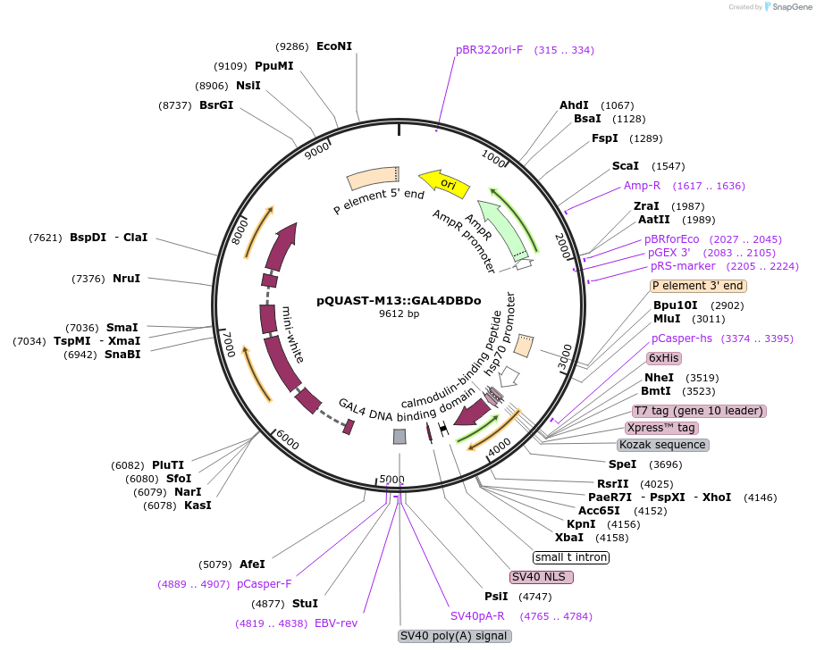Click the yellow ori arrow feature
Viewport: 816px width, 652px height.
444,182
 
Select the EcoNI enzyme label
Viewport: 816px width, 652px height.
334,46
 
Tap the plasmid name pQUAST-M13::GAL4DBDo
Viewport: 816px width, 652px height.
399,300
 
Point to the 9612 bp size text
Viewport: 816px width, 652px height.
399,313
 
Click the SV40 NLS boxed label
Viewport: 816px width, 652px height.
542,577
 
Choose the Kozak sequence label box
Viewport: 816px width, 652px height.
663,445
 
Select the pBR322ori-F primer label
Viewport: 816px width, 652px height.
489,50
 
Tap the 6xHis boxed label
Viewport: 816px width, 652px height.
664,358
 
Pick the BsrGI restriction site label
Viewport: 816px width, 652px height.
215,104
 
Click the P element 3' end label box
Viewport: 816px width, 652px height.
698,287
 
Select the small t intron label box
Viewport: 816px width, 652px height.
571,557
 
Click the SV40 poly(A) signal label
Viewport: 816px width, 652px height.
455,636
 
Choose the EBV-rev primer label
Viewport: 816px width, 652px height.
335,623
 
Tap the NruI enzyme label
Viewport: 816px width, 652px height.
126,279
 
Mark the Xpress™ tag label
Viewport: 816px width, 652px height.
661,428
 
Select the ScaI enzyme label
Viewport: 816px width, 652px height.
625,166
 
